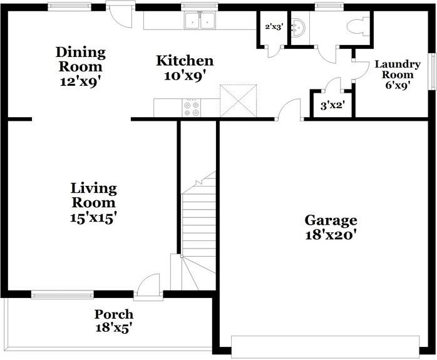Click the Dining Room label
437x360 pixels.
pos(80,59)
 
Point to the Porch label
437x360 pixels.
pos(113,314)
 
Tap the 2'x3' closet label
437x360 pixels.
pos(274,27)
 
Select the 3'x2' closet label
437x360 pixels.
pos(332,106)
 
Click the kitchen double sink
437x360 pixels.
pos(200,22)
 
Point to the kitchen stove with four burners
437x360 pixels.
pos(192,108)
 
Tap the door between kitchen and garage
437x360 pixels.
pos(289,111)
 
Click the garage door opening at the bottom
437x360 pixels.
pos(326,346)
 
